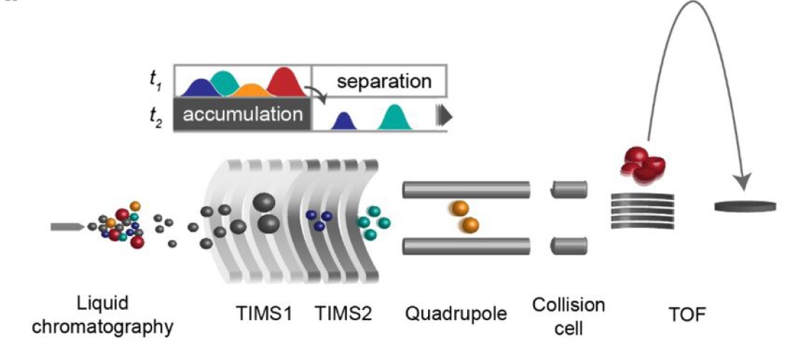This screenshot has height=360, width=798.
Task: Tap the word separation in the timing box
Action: (x=384, y=80)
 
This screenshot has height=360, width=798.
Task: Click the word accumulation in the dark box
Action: (x=241, y=114)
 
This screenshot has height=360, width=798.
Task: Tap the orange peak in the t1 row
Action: (x=251, y=91)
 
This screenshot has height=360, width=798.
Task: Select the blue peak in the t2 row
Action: (x=344, y=122)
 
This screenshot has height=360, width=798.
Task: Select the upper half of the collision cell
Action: (x=568, y=190)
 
